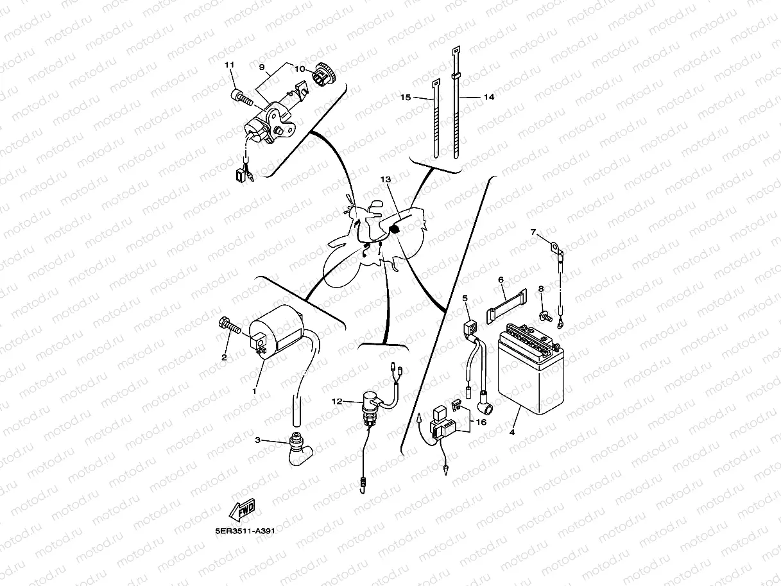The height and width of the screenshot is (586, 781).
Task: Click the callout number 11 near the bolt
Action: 228,66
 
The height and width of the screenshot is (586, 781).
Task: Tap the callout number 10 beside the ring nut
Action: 300,69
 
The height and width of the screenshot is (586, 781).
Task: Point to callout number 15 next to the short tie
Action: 405,98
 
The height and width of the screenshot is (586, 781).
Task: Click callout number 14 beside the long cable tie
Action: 489,97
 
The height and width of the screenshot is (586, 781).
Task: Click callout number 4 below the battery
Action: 511,433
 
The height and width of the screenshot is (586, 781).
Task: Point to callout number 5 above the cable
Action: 465,298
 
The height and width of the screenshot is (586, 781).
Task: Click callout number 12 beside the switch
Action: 337,401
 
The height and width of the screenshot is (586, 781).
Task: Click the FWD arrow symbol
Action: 243,510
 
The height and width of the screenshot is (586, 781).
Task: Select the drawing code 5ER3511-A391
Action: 246,531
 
